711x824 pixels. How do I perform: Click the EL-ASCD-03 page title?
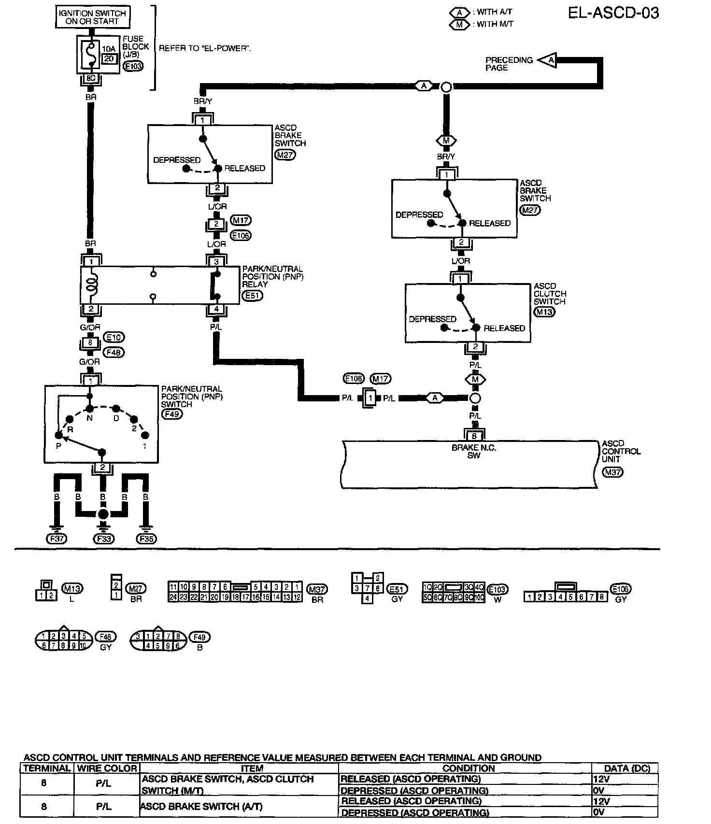click(x=613, y=13)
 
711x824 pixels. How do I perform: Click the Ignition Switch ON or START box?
click(x=92, y=17)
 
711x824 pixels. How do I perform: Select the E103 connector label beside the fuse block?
click(x=133, y=66)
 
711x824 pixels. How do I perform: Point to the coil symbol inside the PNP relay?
click(x=90, y=283)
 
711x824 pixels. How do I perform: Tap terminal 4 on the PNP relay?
click(x=216, y=309)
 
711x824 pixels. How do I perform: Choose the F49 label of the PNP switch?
click(x=172, y=413)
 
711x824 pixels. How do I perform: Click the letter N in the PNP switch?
click(x=89, y=418)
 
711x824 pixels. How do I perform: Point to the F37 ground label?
click(x=57, y=539)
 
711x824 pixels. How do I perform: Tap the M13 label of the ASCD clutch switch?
click(x=544, y=312)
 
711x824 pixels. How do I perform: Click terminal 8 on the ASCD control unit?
click(x=474, y=436)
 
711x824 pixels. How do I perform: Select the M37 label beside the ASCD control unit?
click(x=612, y=472)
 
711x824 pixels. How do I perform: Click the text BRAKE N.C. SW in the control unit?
click(x=474, y=452)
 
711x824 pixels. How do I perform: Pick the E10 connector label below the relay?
click(x=114, y=338)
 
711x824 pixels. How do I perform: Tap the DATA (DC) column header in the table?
click(x=627, y=768)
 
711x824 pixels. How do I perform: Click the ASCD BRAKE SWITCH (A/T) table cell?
click(x=186, y=806)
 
